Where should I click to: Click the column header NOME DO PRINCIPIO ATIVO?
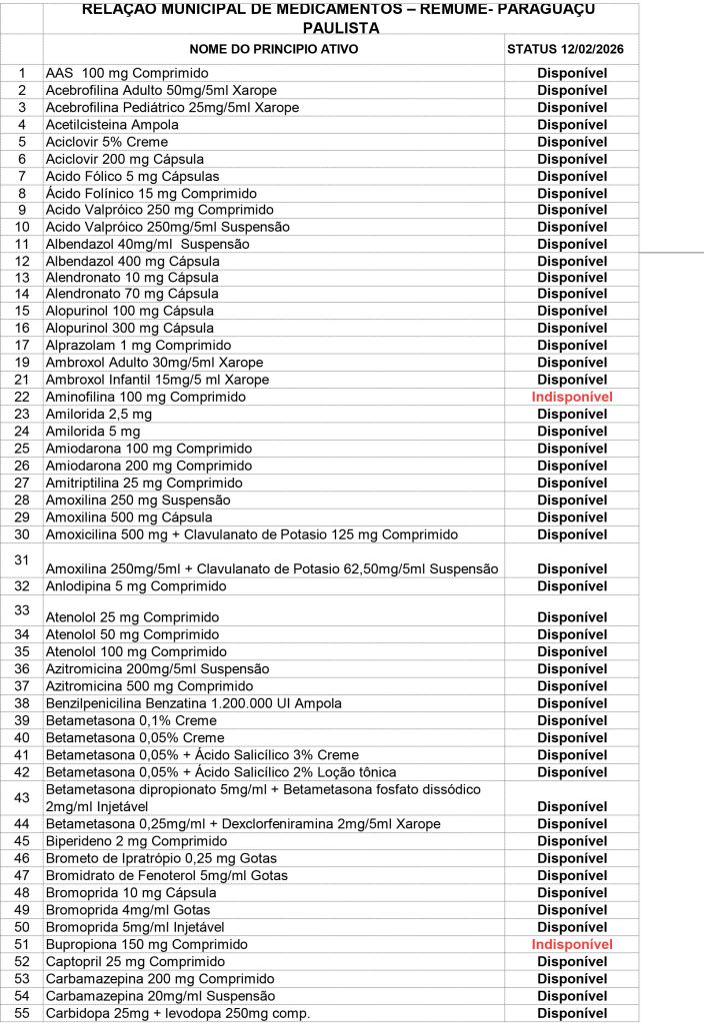273,48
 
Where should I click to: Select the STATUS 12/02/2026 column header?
571,48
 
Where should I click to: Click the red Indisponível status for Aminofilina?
572,398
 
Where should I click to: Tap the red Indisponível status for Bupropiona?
572,945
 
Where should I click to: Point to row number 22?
22,398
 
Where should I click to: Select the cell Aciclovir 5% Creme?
106,142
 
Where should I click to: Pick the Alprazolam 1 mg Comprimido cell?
138,346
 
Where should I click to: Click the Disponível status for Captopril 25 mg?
572,962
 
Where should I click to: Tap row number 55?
22,1013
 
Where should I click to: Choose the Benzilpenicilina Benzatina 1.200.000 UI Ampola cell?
193,703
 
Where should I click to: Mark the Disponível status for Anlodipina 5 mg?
572,586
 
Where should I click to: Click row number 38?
22,703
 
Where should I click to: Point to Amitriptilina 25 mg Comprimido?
144,483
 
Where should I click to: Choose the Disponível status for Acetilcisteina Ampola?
572,125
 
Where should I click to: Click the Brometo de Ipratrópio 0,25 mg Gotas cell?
161,858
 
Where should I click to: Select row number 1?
22,73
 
